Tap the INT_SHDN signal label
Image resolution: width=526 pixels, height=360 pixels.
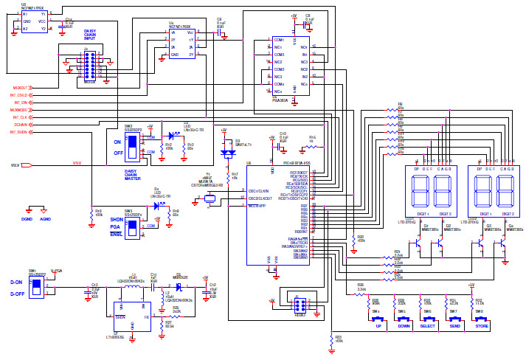(x=18, y=132)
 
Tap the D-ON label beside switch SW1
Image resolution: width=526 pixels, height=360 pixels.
(x=16, y=282)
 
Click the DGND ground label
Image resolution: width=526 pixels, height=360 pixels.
(x=27, y=219)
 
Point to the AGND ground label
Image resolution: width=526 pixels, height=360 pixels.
(x=45, y=219)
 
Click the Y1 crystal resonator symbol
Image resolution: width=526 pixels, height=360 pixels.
(x=210, y=198)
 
